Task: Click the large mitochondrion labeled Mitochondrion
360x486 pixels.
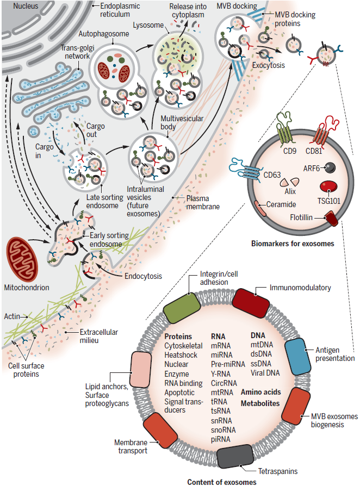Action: [22, 259]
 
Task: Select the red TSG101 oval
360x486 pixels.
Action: [328, 187]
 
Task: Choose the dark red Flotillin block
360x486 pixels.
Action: [332, 218]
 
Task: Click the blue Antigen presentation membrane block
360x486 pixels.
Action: [297, 357]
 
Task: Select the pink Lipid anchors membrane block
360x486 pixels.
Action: [141, 370]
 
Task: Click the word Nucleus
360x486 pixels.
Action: [26, 6]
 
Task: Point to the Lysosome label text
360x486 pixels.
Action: [148, 25]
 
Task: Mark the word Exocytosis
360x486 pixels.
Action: [269, 65]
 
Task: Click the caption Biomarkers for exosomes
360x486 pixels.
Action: [293, 244]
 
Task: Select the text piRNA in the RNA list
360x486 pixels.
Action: [221, 439]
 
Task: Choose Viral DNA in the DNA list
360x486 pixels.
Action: [265, 373]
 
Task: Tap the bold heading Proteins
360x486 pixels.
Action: [178, 337]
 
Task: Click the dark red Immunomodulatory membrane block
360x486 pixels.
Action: [251, 303]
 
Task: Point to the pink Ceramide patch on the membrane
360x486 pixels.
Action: [260, 208]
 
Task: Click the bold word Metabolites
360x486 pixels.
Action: [260, 403]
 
